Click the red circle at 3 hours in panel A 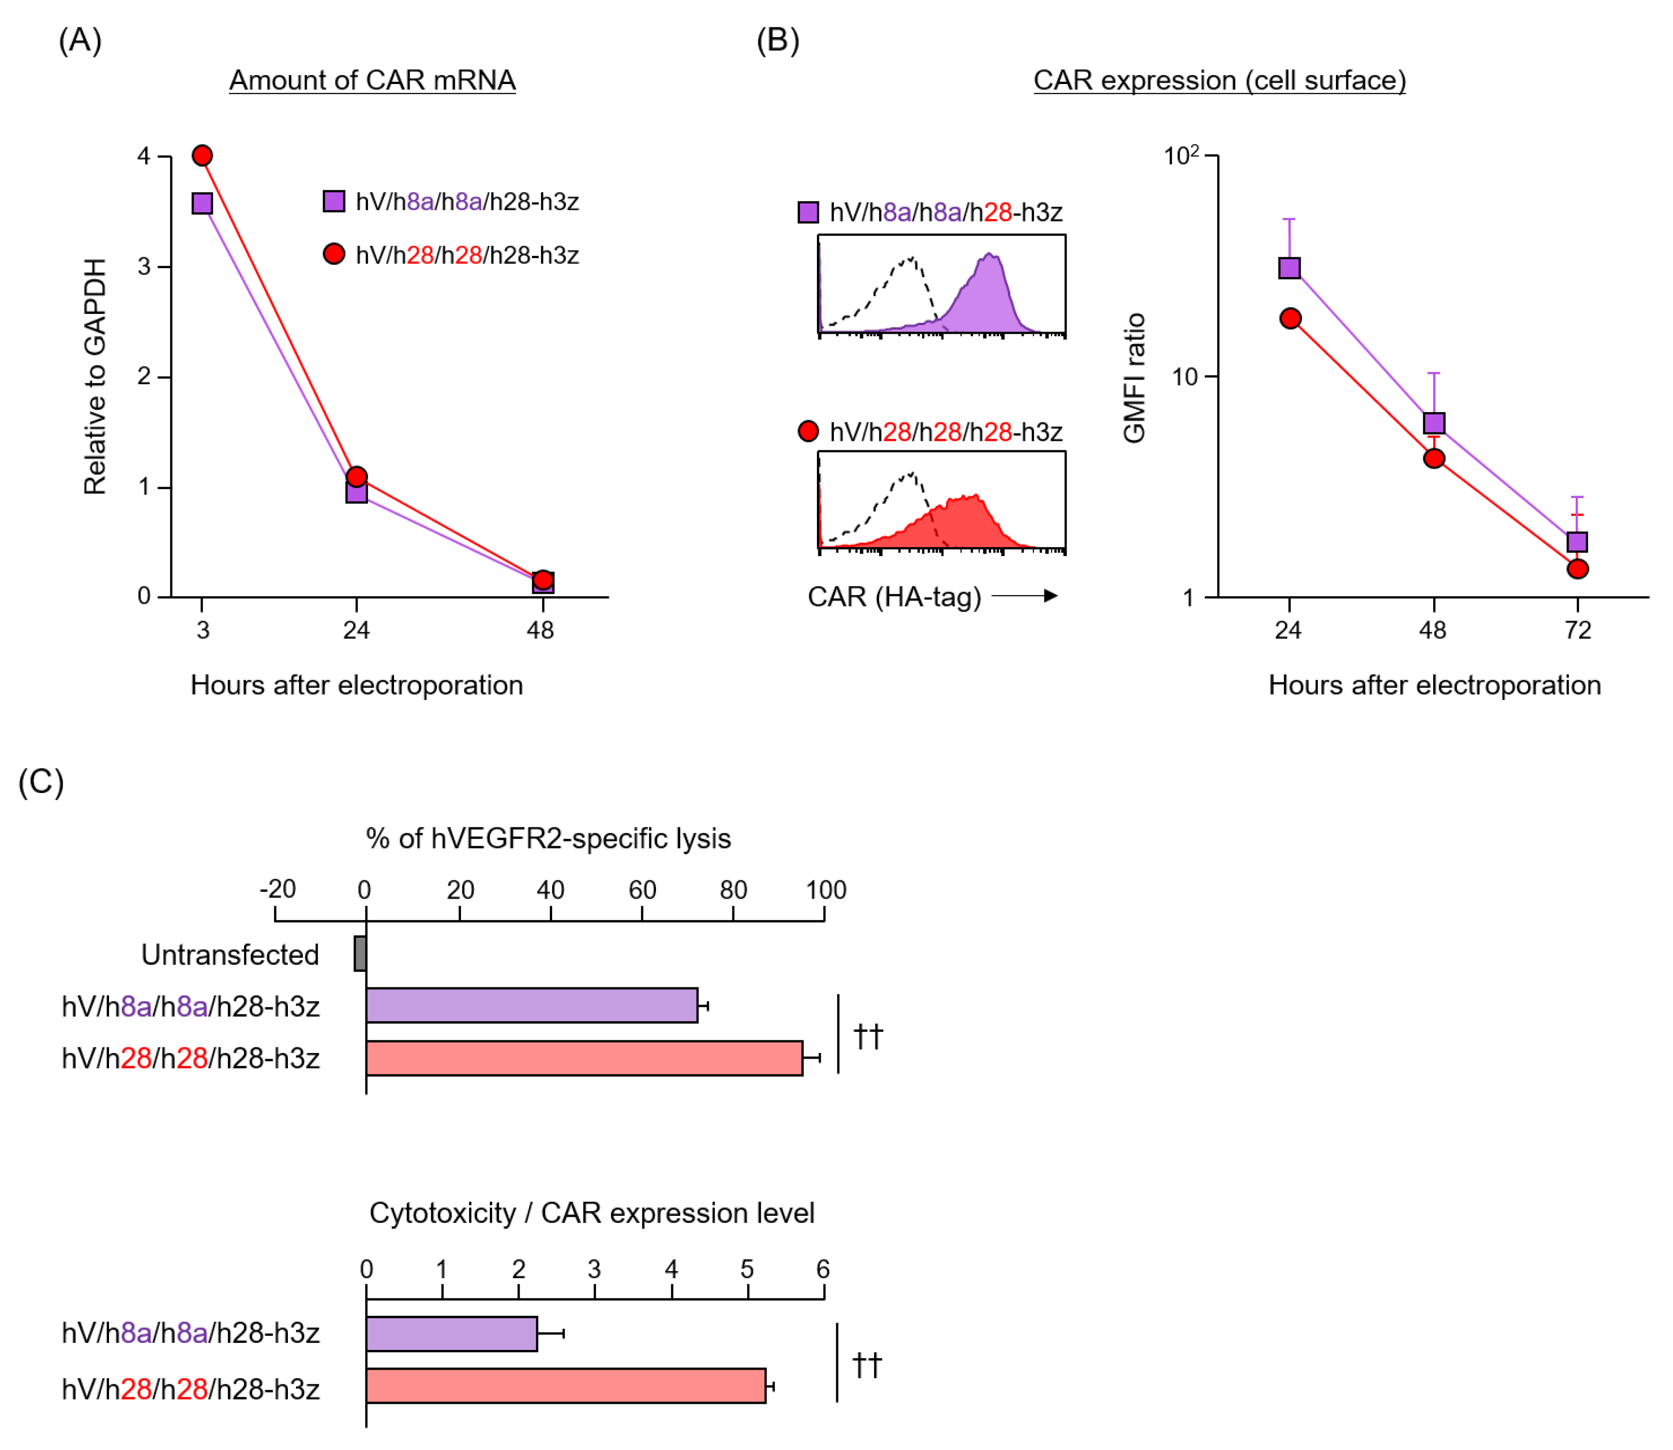202,155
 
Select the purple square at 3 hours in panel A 202,203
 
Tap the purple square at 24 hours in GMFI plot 1289,268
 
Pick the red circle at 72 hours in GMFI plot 1578,569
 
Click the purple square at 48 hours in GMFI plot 1434,423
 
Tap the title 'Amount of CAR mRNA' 372,80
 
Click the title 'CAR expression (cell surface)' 1219,80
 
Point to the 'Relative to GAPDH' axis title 95,376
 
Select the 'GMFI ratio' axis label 1134,378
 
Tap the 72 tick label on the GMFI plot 1578,630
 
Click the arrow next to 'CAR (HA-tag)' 1026,596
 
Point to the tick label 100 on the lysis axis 825,890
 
